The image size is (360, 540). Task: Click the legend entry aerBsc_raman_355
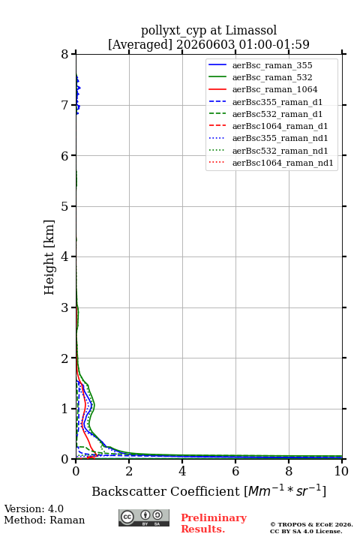[272, 65]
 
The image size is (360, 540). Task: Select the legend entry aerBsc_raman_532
[272, 77]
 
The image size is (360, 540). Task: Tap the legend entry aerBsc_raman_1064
[275, 89]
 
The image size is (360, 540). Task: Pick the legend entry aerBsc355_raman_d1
[277, 102]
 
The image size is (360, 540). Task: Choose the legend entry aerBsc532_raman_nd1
[280, 151]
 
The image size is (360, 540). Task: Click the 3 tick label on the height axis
[64, 307]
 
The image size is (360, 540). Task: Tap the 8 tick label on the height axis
[64, 55]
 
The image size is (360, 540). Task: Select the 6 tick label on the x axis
[235, 471]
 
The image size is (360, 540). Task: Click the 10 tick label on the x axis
[341, 471]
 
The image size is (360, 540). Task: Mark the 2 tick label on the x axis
[129, 471]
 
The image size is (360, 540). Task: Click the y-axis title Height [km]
[49, 257]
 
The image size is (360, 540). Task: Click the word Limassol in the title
[251, 30]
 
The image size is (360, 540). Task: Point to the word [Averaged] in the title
[139, 45]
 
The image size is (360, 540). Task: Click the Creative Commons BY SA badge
[144, 518]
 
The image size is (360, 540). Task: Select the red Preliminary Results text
[214, 523]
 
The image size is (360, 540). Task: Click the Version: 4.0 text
[34, 508]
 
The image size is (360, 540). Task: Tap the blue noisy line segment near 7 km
[78, 94]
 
